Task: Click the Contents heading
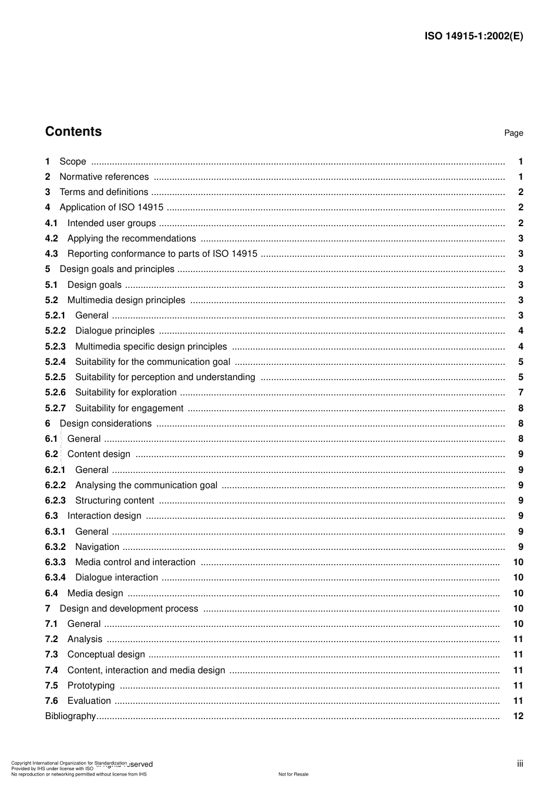tap(73, 132)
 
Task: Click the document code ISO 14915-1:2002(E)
tap(473, 36)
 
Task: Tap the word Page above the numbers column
tap(513, 133)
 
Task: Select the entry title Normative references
tap(104, 177)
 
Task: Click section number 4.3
tap(52, 254)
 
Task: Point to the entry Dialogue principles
tap(115, 331)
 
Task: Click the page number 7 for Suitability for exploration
tap(520, 392)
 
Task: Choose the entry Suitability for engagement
tap(129, 408)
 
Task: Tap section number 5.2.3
tap(55, 347)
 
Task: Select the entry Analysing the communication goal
tap(146, 485)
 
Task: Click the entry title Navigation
tap(97, 547)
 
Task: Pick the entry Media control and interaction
tap(135, 562)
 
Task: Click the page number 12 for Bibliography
tap(518, 716)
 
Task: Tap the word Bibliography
tap(70, 716)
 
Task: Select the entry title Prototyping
tap(91, 686)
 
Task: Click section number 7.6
tap(52, 701)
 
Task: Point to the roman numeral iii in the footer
tap(520, 764)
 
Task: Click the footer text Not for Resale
tap(293, 774)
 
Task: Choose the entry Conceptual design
tap(106, 654)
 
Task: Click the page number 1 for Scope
tap(520, 162)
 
